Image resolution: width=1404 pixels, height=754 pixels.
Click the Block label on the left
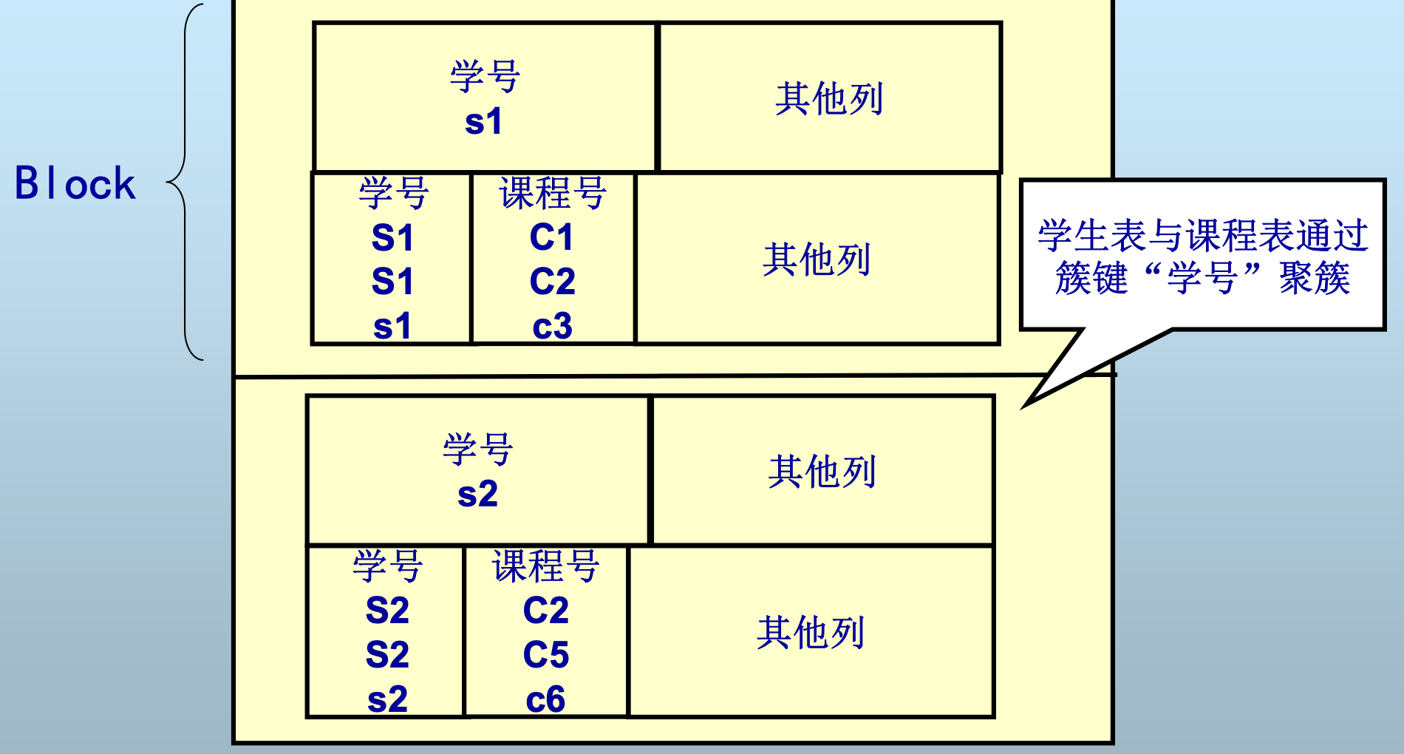tap(75, 183)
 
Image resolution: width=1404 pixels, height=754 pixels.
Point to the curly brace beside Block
tap(183, 182)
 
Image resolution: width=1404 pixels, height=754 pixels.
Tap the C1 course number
tap(552, 237)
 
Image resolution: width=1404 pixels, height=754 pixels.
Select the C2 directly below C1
tap(552, 281)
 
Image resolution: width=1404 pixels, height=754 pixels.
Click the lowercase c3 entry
tap(552, 326)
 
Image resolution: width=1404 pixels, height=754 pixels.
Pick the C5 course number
tap(546, 654)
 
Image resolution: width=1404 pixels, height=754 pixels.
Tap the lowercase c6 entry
tap(546, 699)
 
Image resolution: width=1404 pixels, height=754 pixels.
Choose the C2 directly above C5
tap(546, 611)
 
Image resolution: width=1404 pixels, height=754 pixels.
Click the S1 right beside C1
tap(392, 237)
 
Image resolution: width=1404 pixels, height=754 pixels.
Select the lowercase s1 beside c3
tap(392, 326)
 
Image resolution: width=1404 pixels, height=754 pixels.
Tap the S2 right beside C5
tap(387, 654)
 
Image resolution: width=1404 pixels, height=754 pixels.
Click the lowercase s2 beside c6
tap(387, 699)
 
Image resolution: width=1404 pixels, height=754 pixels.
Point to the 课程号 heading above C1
tap(553, 194)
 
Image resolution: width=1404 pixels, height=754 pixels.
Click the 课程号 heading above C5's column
tap(546, 566)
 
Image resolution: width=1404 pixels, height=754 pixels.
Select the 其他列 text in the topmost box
tap(829, 98)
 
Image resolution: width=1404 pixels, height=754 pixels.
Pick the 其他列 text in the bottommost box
tap(811, 633)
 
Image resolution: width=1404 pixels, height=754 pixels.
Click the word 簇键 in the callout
tap(1091, 279)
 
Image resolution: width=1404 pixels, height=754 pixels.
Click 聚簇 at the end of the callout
tap(1315, 279)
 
